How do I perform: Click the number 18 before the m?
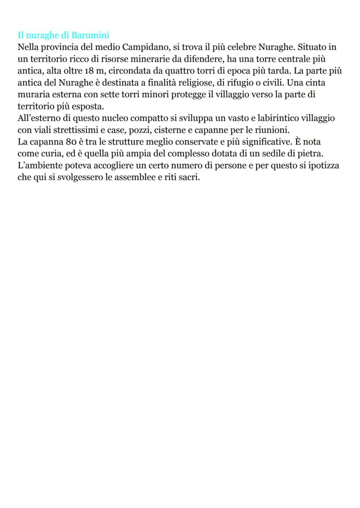coord(90,71)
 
